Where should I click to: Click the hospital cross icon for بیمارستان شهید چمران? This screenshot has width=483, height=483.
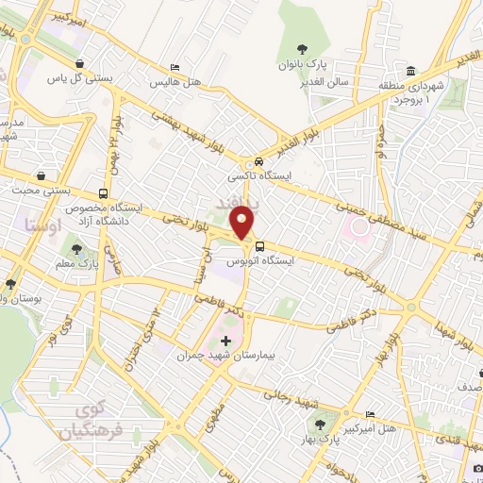(225, 341)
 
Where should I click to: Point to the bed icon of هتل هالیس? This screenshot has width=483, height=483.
(175, 68)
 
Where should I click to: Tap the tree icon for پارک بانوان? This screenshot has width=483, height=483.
(301, 49)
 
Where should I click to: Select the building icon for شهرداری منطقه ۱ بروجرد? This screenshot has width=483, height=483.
(412, 72)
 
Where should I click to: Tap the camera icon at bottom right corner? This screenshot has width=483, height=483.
(476, 469)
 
